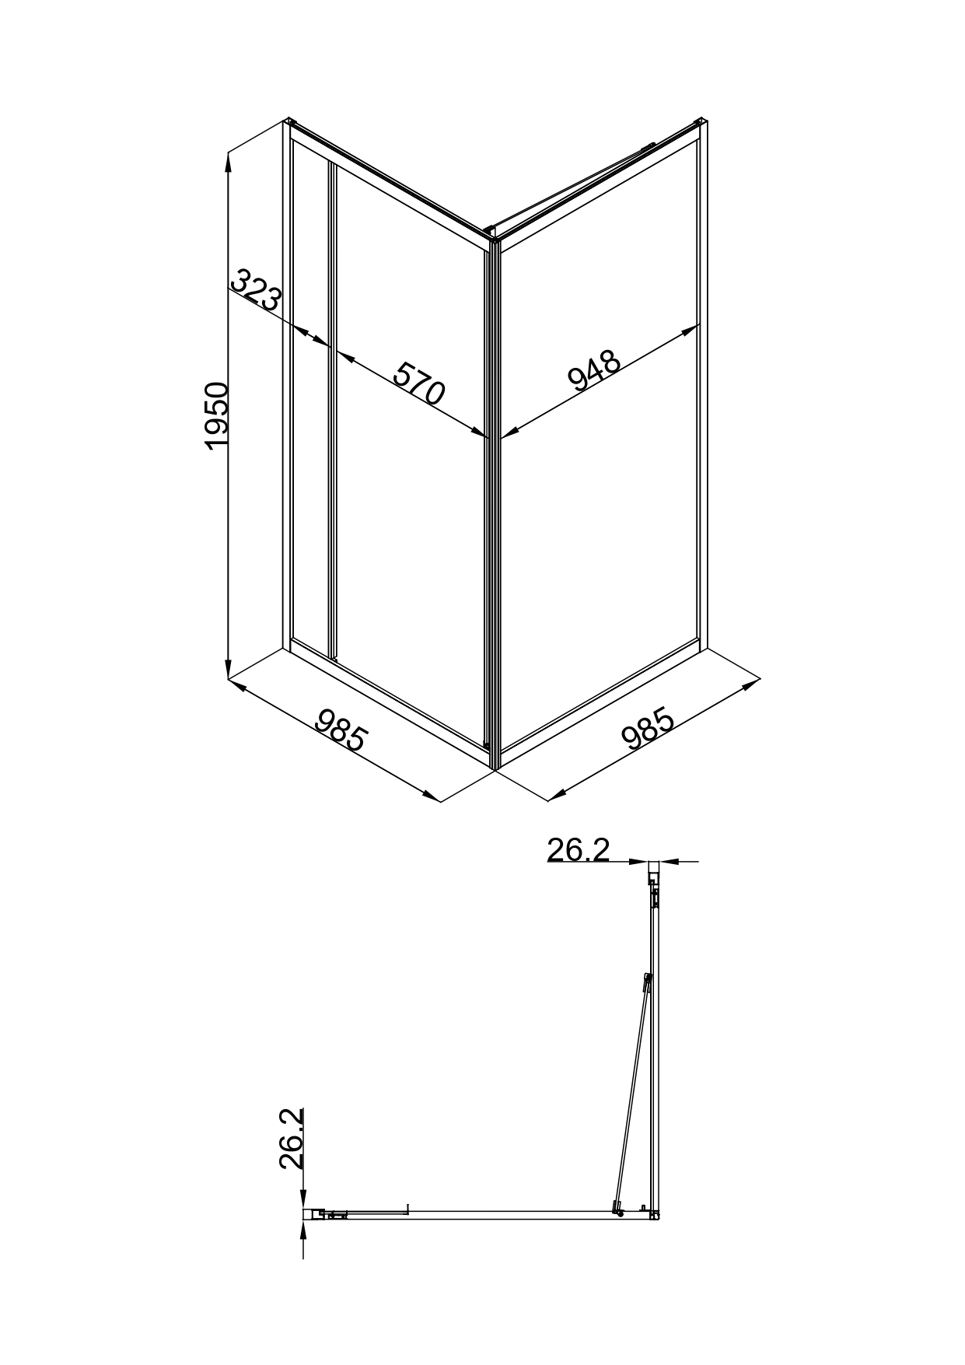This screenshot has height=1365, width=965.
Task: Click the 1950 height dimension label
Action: click(217, 415)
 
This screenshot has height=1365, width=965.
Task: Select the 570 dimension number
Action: click(418, 383)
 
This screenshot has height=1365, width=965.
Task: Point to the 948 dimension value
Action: click(595, 369)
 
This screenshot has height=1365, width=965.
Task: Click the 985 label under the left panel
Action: click(341, 728)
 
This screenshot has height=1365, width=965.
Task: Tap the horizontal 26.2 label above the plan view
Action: click(578, 850)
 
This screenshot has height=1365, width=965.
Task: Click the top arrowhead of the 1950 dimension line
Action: click(228, 161)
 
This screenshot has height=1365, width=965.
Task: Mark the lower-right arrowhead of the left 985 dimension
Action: click(432, 795)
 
